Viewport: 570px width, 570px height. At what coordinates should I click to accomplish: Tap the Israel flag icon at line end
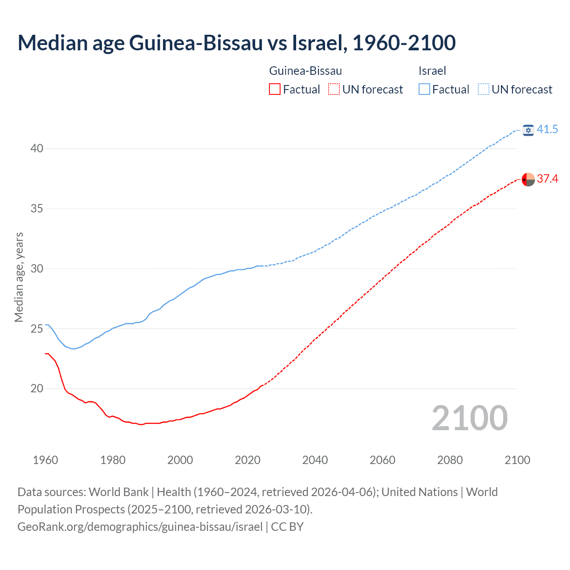(528, 130)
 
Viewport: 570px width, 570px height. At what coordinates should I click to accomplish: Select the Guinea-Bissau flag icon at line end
(528, 179)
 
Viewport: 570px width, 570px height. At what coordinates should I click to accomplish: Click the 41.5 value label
(547, 130)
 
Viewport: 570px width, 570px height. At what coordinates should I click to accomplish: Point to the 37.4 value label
(547, 179)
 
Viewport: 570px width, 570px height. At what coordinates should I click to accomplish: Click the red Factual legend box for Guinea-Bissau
(275, 90)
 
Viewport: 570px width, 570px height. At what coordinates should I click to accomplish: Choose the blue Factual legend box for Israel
(424, 90)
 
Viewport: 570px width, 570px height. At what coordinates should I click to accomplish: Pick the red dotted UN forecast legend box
(334, 90)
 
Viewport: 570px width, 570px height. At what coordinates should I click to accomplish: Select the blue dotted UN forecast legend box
(484, 90)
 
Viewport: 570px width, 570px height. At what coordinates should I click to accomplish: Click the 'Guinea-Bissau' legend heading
(305, 71)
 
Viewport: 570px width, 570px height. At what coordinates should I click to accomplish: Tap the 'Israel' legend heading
(432, 71)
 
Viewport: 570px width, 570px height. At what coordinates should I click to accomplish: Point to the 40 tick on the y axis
(37, 148)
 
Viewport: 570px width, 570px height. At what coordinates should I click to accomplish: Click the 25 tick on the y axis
(37, 329)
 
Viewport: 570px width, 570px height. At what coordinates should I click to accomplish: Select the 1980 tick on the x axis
(113, 460)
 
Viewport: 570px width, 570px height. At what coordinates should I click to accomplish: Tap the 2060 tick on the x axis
(383, 460)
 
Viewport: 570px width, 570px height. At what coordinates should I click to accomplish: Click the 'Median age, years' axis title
(19, 277)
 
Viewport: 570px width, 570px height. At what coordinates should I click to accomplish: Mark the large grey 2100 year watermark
(469, 418)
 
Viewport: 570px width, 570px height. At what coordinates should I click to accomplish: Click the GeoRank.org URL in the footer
(140, 527)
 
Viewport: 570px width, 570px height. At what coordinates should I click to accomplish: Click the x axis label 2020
(248, 460)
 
